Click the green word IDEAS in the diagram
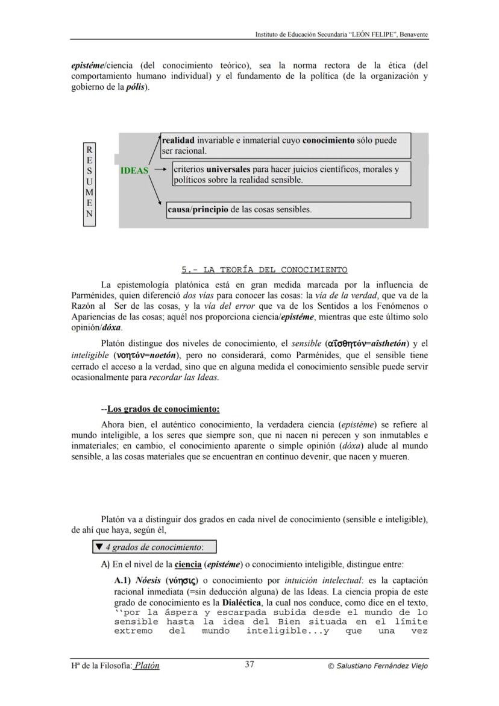tap(134, 171)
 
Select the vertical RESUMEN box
tap(89, 184)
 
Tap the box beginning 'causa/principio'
tap(289, 210)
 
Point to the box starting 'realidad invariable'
tap(286, 145)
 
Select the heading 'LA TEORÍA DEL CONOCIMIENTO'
tap(265, 269)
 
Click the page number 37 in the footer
tap(249, 665)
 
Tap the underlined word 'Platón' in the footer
tap(146, 666)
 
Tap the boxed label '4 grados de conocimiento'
tap(154, 547)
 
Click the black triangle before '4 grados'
tap(99, 547)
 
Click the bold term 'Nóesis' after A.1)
tap(148, 581)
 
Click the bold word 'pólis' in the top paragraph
tap(135, 87)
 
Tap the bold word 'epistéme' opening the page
tap(87, 65)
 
